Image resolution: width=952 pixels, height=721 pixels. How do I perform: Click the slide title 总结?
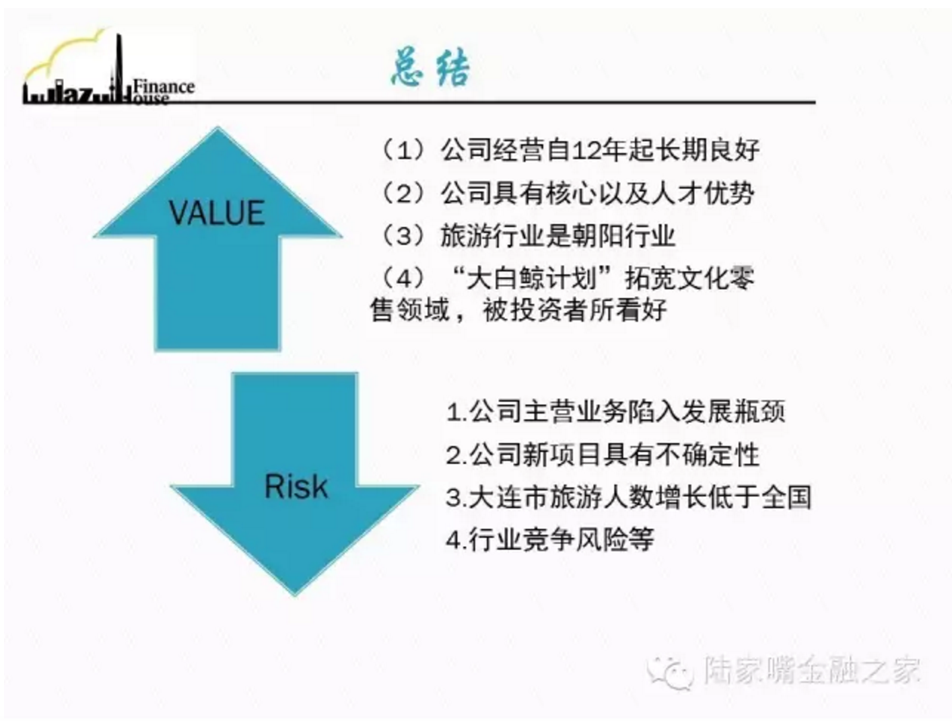coord(430,68)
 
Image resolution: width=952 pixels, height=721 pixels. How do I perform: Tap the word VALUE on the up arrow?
coord(217,213)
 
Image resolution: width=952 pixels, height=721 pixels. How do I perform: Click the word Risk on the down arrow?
coord(296,486)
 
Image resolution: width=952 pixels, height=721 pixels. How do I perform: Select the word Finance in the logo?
coord(164,87)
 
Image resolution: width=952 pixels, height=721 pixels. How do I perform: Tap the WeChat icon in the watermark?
coord(670,671)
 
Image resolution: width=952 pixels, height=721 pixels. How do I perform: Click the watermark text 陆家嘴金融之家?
coord(811,671)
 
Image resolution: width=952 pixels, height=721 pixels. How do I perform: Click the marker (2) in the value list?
coord(403,193)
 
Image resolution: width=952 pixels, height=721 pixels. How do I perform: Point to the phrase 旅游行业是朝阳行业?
coord(557,237)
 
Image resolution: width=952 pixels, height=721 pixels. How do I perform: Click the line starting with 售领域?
coord(518,310)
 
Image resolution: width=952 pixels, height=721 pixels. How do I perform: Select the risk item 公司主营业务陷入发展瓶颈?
coord(627,411)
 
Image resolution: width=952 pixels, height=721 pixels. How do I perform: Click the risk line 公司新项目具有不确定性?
coord(614,455)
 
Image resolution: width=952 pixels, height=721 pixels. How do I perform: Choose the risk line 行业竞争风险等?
coord(562,539)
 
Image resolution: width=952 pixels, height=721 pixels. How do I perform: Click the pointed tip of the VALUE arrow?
coord(217,127)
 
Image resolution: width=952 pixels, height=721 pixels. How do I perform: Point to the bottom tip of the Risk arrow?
coord(295,595)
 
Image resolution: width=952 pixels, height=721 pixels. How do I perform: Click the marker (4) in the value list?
coord(403,278)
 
